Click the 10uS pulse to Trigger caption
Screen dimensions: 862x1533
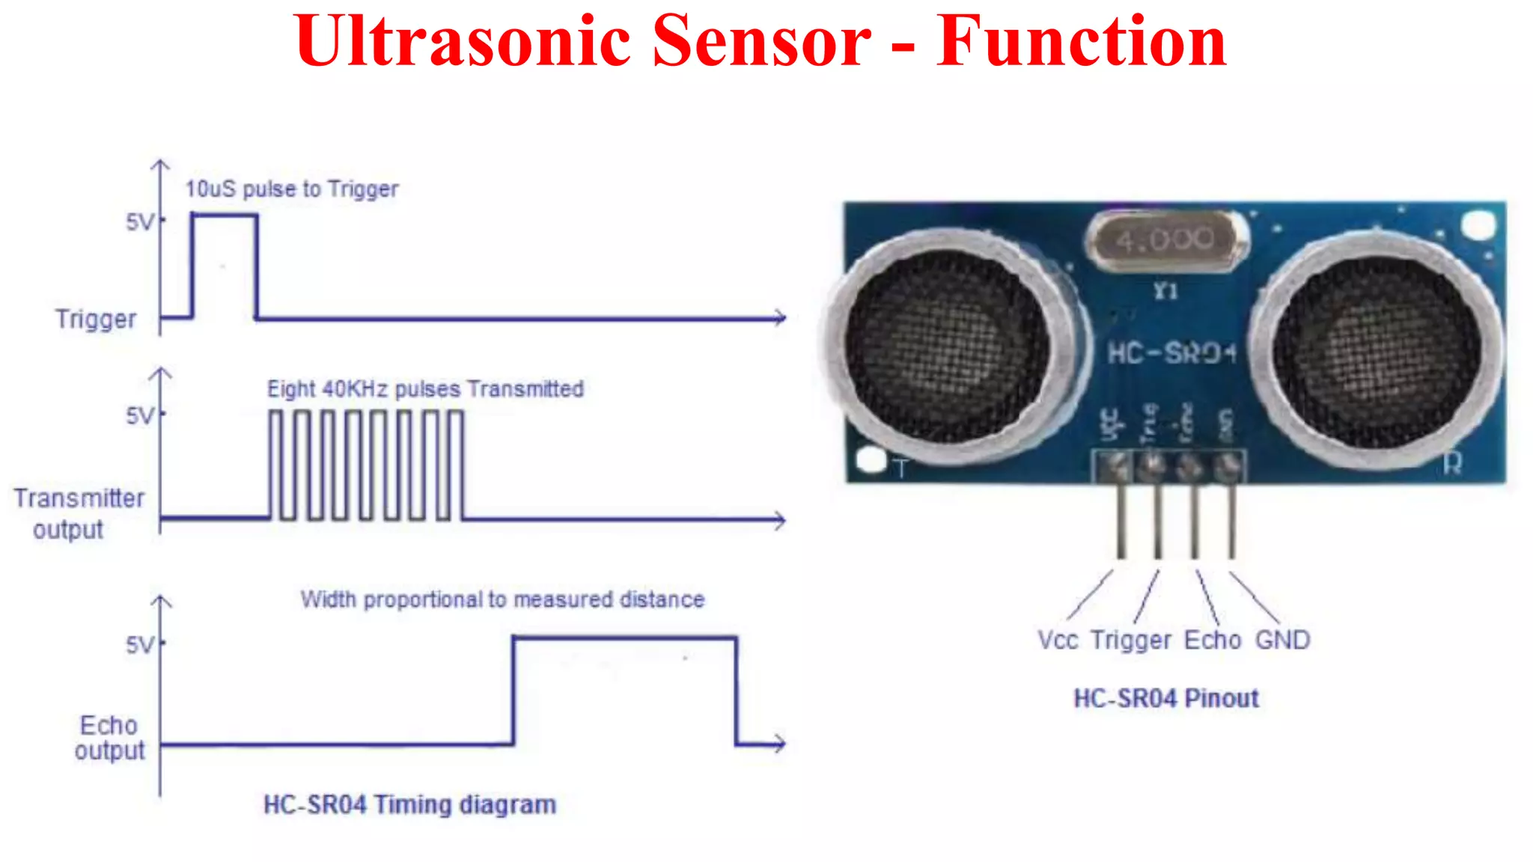(x=292, y=189)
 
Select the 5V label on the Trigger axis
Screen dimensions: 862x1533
(x=140, y=222)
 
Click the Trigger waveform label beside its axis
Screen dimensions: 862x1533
(x=96, y=319)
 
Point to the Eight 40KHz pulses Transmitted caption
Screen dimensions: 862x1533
(x=425, y=389)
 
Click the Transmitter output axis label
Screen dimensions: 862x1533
(x=79, y=513)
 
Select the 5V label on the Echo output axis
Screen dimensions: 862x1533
(x=140, y=645)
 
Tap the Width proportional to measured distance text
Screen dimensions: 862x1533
(x=502, y=599)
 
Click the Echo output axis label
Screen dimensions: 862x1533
(x=109, y=738)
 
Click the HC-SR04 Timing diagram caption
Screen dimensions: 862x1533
(x=409, y=805)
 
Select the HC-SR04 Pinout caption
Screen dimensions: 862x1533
(x=1166, y=698)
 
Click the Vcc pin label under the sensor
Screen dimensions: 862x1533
(x=1058, y=641)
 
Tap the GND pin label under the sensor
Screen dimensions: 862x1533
(x=1282, y=641)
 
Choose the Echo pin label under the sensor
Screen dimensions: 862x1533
(x=1213, y=641)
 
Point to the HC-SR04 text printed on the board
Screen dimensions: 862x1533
(x=1171, y=353)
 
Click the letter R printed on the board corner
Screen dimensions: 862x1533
(x=1452, y=464)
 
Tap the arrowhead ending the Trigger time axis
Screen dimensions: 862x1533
(x=781, y=318)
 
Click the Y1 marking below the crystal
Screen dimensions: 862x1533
(x=1165, y=291)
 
